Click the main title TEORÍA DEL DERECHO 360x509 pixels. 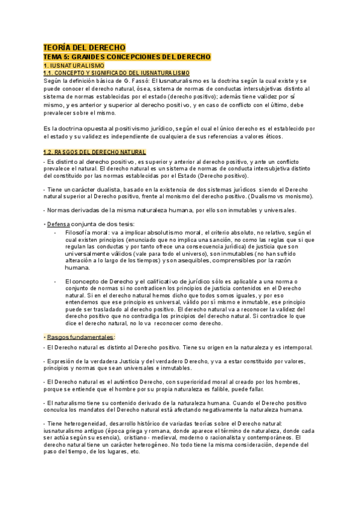pyautogui.click(x=84, y=47)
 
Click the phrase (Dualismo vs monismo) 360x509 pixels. pyautogui.click(x=281, y=196)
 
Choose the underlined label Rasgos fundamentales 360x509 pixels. pyautogui.click(x=80, y=337)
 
